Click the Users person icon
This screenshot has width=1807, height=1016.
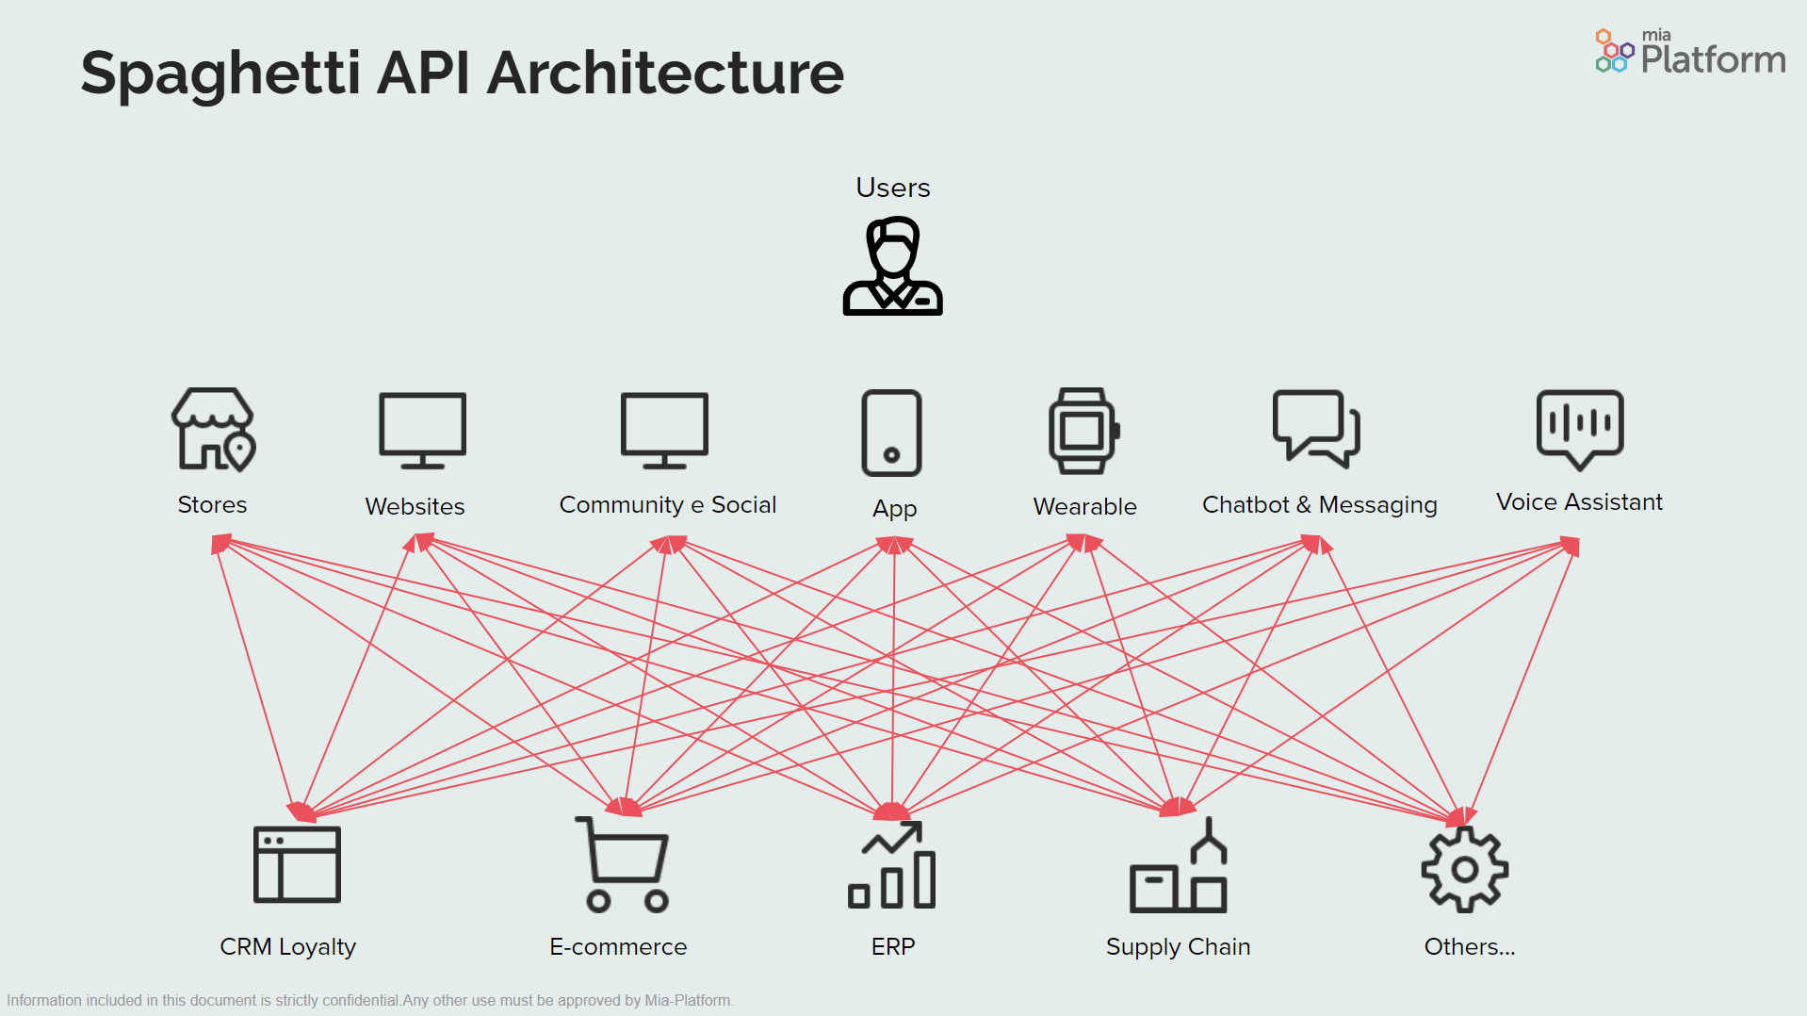click(x=892, y=267)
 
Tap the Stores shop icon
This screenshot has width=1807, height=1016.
click(x=213, y=430)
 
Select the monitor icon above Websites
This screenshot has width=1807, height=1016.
click(x=422, y=430)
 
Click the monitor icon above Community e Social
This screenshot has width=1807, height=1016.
click(x=664, y=430)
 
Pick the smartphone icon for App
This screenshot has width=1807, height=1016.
click(x=891, y=433)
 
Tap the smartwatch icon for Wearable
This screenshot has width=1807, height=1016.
click(x=1083, y=431)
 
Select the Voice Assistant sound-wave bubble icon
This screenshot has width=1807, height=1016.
click(x=1580, y=428)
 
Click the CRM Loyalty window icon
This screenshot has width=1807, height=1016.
click(x=297, y=864)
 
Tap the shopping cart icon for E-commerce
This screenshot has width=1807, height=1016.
click(x=624, y=864)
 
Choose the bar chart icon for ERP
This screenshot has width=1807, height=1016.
click(x=892, y=865)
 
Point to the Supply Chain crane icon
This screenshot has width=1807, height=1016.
click(x=1179, y=867)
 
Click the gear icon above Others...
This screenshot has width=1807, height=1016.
click(x=1464, y=869)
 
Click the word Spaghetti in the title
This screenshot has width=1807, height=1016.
click(x=220, y=74)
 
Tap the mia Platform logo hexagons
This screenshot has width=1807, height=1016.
click(x=1613, y=51)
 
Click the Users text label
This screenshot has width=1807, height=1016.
click(x=892, y=188)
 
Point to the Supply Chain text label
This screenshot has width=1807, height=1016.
click(x=1178, y=946)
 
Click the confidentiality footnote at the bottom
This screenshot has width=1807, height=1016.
click(x=370, y=1000)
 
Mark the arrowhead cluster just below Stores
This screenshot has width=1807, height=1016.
click(x=220, y=544)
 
